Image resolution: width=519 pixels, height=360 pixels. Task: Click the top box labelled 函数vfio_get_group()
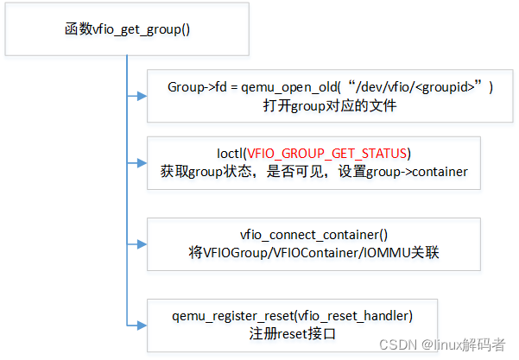pyautogui.click(x=128, y=28)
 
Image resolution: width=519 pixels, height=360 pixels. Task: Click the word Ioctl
pyautogui.click(x=231, y=154)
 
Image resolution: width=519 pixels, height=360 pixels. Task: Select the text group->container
pyautogui.click(x=421, y=171)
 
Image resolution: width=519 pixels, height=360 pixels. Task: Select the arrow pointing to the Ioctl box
pyautogui.click(x=137, y=161)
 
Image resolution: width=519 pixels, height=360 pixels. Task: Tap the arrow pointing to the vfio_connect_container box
pyautogui.click(x=137, y=245)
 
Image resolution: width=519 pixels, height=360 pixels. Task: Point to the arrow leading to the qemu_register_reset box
pyautogui.click(x=137, y=323)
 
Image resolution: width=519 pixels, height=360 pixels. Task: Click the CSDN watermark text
pyautogui.click(x=396, y=344)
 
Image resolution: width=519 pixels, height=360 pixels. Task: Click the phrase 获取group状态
pyautogui.click(x=206, y=171)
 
